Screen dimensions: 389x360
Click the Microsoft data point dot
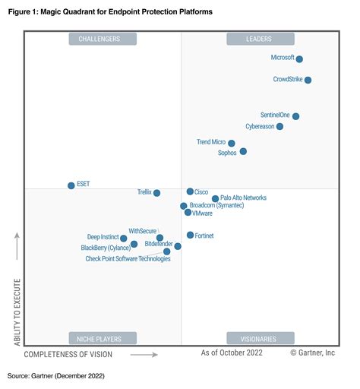tap(299, 59)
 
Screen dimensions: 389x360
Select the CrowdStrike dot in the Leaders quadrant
tap(308, 80)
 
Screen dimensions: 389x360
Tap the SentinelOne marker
tap(295, 116)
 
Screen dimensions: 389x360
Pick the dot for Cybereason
tap(280, 127)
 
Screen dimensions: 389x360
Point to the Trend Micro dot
tap(232, 143)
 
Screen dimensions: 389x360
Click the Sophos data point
tap(243, 152)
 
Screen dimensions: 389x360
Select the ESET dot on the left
tap(71, 185)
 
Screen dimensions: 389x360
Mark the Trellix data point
tap(157, 193)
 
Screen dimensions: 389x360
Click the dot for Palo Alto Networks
tap(216, 199)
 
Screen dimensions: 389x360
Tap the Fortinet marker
tap(191, 236)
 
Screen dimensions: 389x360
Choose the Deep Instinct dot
tap(124, 239)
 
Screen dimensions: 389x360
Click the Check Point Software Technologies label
tap(128, 259)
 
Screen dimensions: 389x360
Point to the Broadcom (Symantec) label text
tap(217, 206)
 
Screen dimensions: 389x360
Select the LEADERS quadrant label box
tap(260, 40)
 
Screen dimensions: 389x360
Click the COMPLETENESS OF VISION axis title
tap(68, 354)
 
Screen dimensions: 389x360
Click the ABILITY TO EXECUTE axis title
tap(17, 312)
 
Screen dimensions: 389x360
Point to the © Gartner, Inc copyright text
tap(312, 353)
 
